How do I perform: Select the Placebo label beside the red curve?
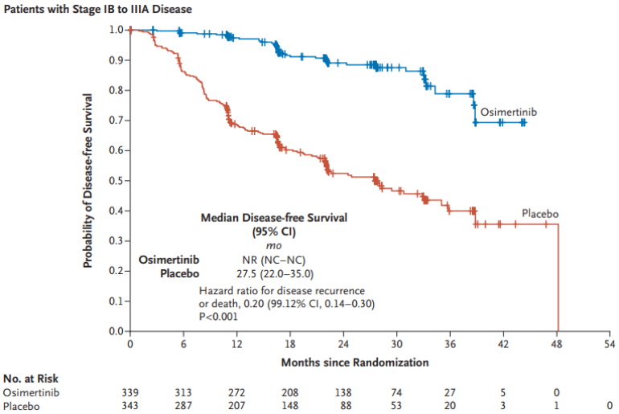point(539,214)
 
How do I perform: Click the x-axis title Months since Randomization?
point(355,363)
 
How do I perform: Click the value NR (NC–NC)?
point(274,260)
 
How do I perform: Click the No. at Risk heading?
point(31,379)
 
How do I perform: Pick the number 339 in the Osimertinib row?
point(130,393)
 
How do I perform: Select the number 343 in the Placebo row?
point(130,407)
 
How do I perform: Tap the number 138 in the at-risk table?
point(343,393)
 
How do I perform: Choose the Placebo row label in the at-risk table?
point(21,407)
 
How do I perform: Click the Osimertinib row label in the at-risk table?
point(28,393)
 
